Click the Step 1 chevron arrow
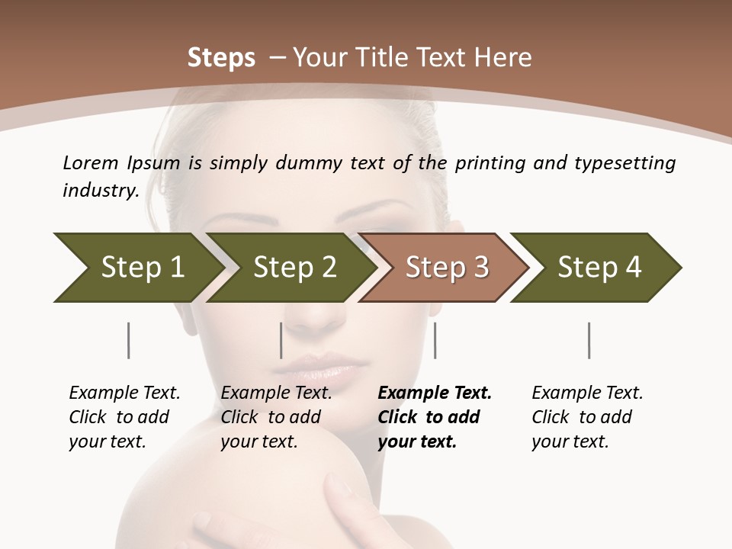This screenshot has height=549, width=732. pyautogui.click(x=137, y=268)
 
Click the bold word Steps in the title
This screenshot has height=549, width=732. pyautogui.click(x=221, y=58)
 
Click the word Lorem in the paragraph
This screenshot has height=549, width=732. pyautogui.click(x=91, y=163)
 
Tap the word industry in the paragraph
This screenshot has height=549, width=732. pyautogui.click(x=100, y=191)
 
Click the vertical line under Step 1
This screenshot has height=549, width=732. pyautogui.click(x=128, y=340)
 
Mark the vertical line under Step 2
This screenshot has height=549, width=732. pyautogui.click(x=281, y=340)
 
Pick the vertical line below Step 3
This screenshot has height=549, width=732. pyautogui.click(x=435, y=340)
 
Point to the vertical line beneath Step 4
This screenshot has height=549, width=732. pyautogui.click(x=589, y=340)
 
